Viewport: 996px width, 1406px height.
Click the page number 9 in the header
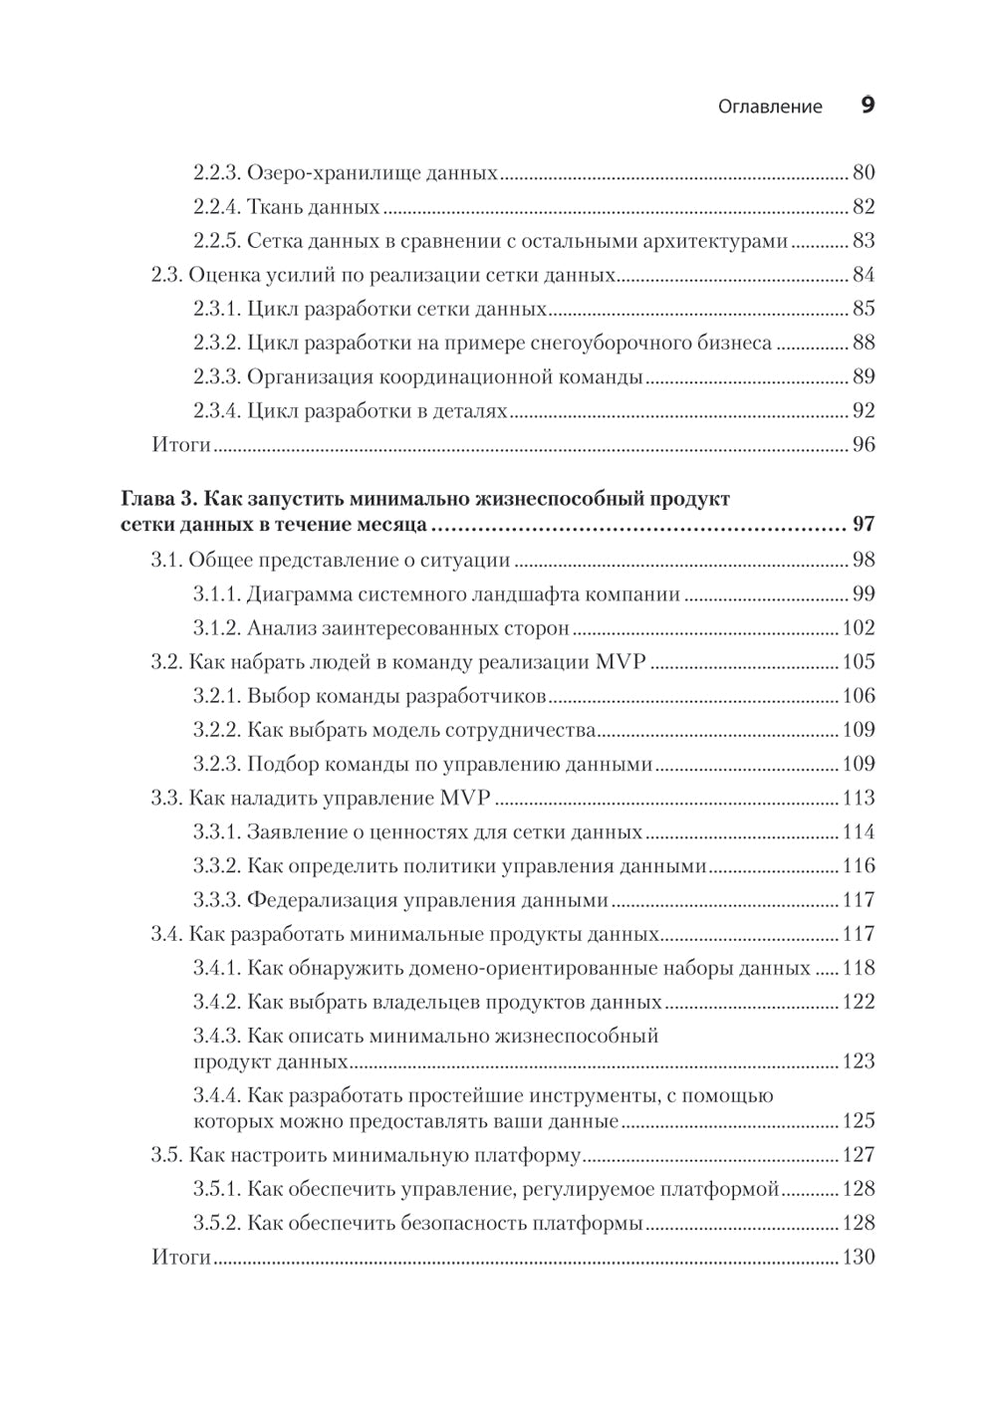coord(867,106)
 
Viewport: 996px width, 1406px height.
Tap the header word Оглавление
coord(770,107)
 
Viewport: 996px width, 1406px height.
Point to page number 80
coord(863,172)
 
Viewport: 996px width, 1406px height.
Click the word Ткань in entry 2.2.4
coord(272,207)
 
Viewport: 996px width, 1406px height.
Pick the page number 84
coord(863,275)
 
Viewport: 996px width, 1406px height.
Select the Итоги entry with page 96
coord(181,444)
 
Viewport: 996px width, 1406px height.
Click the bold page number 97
coord(863,525)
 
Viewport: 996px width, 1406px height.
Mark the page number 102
coord(858,628)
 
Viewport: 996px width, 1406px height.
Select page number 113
coord(858,798)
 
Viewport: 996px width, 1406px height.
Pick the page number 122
coord(858,1002)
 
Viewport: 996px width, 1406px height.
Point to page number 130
coord(858,1257)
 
